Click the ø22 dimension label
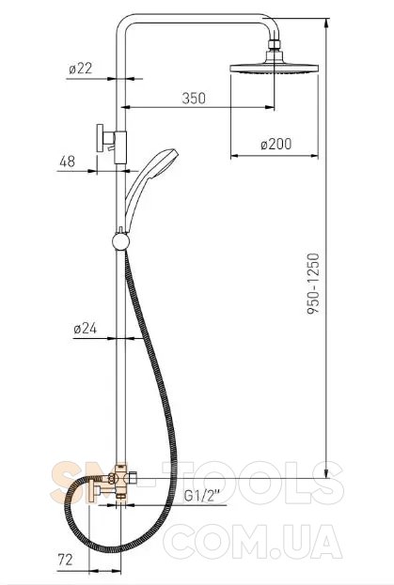[80, 69]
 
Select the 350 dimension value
[194, 98]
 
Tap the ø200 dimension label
[276, 144]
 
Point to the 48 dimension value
[67, 162]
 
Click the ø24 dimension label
[86, 329]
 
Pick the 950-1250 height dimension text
[313, 284]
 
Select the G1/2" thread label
[202, 497]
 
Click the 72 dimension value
[65, 560]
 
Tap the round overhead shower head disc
[275, 69]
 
